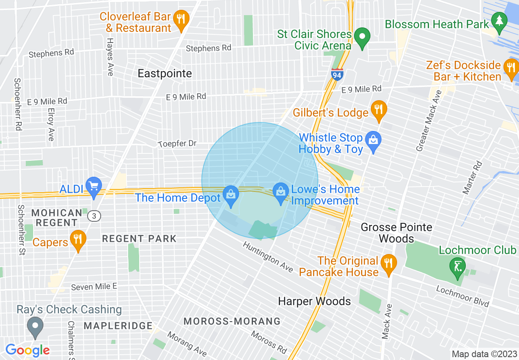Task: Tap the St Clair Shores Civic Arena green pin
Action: click(x=362, y=37)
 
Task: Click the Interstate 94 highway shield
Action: click(x=337, y=74)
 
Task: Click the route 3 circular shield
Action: click(x=95, y=216)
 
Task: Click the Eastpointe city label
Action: click(x=165, y=74)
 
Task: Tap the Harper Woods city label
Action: click(x=314, y=301)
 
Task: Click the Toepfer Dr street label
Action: click(x=178, y=144)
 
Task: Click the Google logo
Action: click(x=27, y=350)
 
